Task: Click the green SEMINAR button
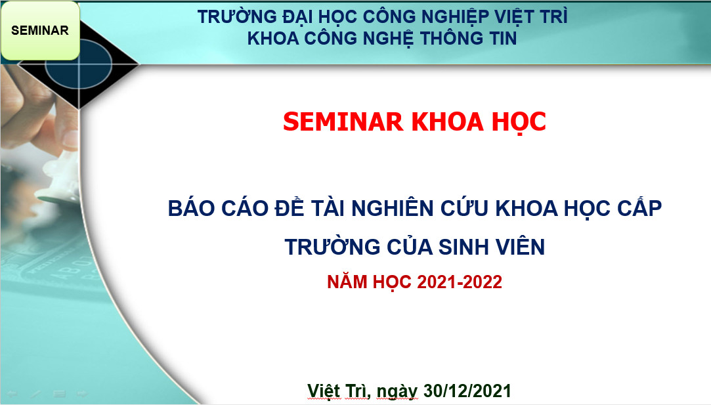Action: tap(40, 30)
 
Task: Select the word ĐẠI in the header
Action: tap(297, 18)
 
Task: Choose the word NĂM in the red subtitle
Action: tap(347, 282)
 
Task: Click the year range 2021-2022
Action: tap(460, 282)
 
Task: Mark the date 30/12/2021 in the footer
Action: tap(467, 391)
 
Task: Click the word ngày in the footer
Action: tap(397, 391)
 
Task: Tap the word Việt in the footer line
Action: tap(324, 390)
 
